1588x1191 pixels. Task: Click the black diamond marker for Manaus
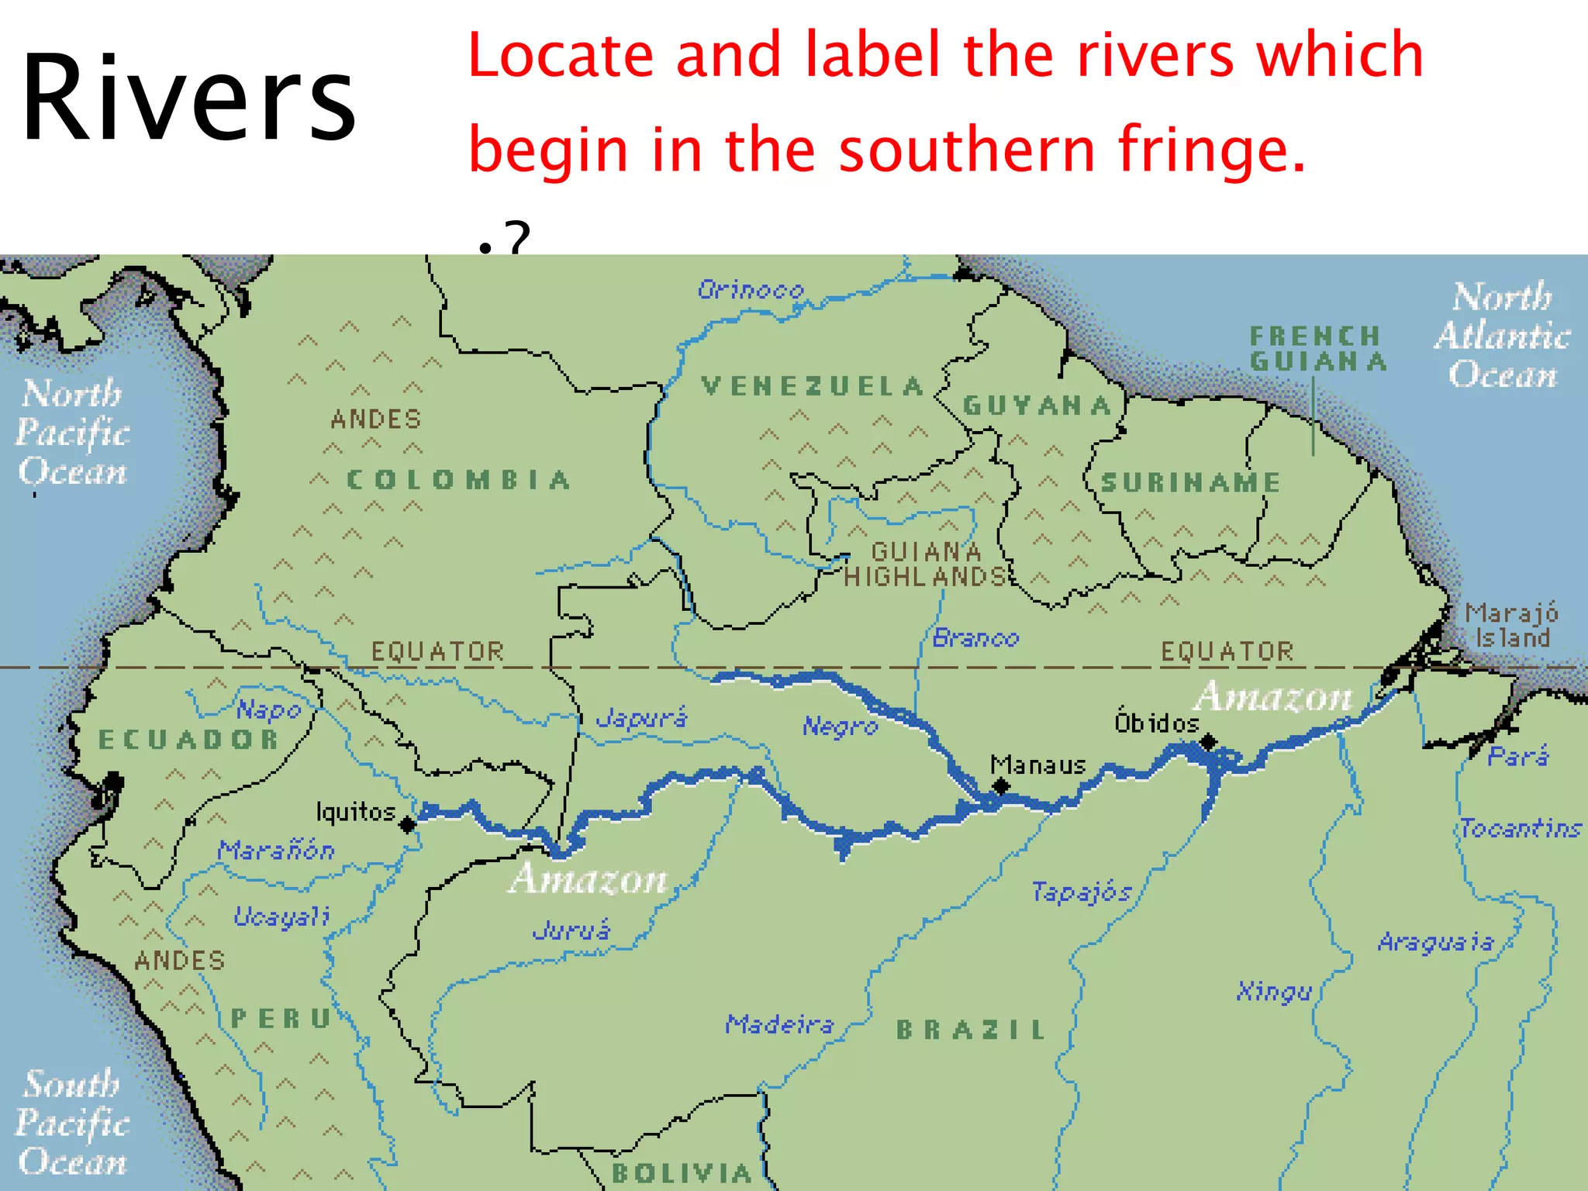pyautogui.click(x=1001, y=786)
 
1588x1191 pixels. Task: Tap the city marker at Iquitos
pyautogui.click(x=408, y=825)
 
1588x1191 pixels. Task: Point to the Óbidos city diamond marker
pyautogui.click(x=1207, y=743)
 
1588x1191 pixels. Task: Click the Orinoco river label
pyautogui.click(x=751, y=290)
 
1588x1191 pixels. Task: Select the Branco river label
pyautogui.click(x=975, y=638)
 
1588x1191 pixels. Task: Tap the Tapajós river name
pyautogui.click(x=1081, y=892)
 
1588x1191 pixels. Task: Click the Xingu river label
pyautogui.click(x=1274, y=991)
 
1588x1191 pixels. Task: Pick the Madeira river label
pyautogui.click(x=779, y=1024)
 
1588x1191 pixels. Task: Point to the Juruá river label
pyautogui.click(x=571, y=930)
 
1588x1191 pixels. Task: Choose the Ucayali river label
pyautogui.click(x=282, y=917)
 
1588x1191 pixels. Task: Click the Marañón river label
pyautogui.click(x=276, y=851)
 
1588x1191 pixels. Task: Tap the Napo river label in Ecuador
pyautogui.click(x=268, y=709)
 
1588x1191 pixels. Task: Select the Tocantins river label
pyautogui.click(x=1521, y=828)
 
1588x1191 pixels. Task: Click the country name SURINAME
pyautogui.click(x=1190, y=482)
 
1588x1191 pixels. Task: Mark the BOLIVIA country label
pyautogui.click(x=682, y=1173)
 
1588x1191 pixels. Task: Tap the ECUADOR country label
pyautogui.click(x=188, y=739)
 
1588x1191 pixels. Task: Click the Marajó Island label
pyautogui.click(x=1511, y=626)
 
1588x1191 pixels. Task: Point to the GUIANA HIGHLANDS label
pyautogui.click(x=926, y=564)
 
